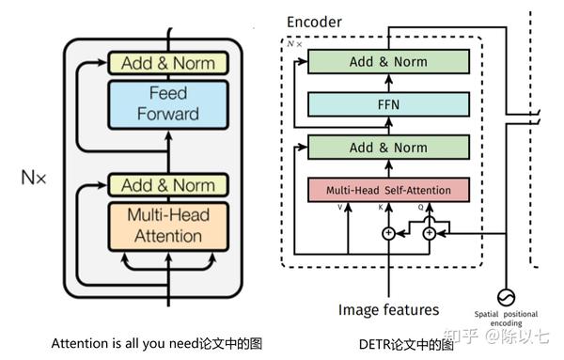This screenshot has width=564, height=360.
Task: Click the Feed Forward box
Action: [168, 103]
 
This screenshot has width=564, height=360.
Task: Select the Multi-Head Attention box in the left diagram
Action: [168, 226]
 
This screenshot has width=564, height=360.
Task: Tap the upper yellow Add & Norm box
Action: [168, 63]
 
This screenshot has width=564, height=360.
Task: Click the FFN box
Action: [387, 104]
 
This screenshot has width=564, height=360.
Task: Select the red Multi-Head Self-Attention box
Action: [387, 190]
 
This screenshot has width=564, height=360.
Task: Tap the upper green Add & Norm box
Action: [387, 61]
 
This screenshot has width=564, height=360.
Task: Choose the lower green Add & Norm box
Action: [387, 148]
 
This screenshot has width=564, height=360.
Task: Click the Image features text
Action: [388, 309]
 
